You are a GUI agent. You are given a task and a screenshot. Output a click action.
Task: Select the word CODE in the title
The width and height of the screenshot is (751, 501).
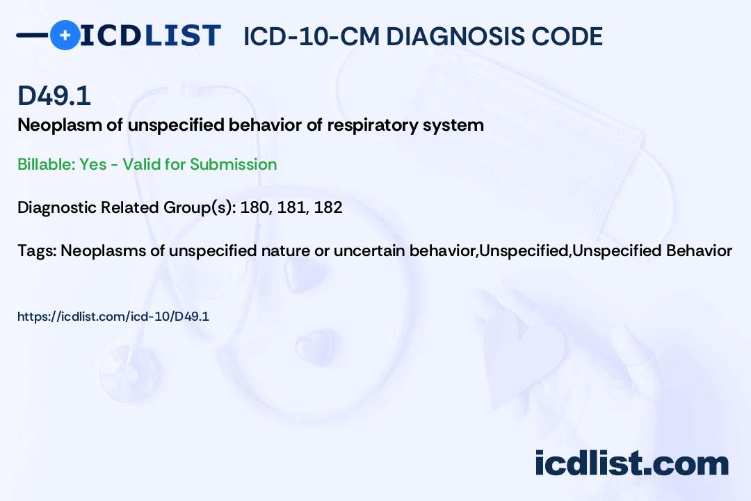pyautogui.click(x=572, y=37)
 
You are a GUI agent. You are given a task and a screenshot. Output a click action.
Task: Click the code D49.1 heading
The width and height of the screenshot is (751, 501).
pyautogui.click(x=54, y=96)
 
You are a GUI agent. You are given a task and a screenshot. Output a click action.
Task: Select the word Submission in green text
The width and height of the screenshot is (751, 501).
pyautogui.click(x=234, y=164)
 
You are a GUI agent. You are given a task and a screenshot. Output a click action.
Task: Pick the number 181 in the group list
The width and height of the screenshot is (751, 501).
pyautogui.click(x=292, y=207)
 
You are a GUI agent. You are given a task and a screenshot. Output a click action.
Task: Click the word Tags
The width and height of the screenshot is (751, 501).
pyautogui.click(x=36, y=250)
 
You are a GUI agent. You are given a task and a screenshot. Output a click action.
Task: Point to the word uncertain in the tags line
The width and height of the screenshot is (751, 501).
pyautogui.click(x=369, y=250)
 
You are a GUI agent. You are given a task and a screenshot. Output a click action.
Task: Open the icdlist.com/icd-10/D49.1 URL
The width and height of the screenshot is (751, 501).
pyautogui.click(x=113, y=317)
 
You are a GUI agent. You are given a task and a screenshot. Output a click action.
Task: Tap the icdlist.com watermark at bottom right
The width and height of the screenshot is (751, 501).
pyautogui.click(x=631, y=463)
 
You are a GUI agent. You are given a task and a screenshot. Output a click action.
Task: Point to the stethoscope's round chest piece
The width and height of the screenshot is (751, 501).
pyautogui.click(x=125, y=365)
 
